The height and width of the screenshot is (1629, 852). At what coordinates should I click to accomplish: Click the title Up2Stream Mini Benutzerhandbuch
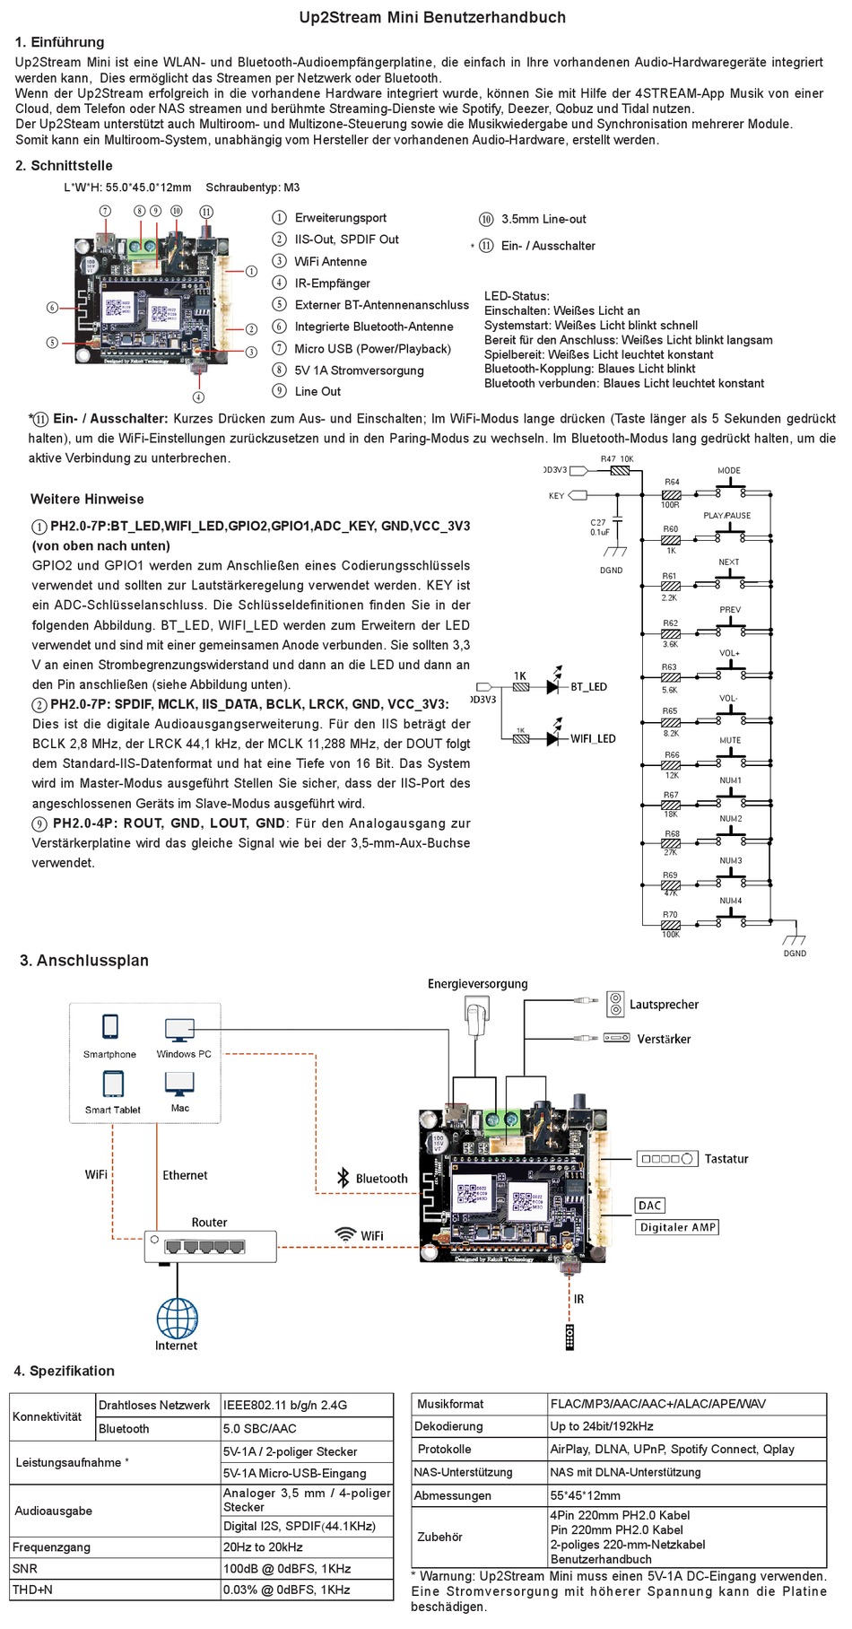(432, 17)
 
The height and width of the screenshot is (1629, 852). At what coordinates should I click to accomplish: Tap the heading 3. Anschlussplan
(84, 961)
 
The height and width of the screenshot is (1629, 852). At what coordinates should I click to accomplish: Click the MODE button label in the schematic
(729, 470)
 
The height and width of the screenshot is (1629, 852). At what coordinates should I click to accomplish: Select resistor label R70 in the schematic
(670, 915)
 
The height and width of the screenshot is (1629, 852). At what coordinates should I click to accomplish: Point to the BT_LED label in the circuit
(588, 687)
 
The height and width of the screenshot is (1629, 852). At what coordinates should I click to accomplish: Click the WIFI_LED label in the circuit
(593, 739)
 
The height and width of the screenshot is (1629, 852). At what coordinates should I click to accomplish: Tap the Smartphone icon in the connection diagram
(110, 1026)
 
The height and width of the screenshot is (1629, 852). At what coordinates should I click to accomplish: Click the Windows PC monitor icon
(179, 1030)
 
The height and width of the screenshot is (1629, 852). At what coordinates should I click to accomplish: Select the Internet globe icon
(177, 1318)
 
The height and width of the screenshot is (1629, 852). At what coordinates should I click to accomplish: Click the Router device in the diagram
(211, 1247)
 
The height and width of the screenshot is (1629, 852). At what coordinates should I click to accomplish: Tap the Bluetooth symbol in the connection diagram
(343, 1178)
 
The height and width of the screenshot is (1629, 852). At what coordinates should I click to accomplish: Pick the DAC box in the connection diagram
(650, 1206)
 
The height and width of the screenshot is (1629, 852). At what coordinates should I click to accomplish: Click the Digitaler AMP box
(678, 1227)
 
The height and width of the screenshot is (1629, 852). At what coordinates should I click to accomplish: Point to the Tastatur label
(726, 1159)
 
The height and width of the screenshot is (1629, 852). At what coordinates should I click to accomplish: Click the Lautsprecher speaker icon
(615, 1004)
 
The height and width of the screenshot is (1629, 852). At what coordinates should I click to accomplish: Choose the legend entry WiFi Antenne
(331, 262)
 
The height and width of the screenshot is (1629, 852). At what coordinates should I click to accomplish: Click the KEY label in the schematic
(557, 496)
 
